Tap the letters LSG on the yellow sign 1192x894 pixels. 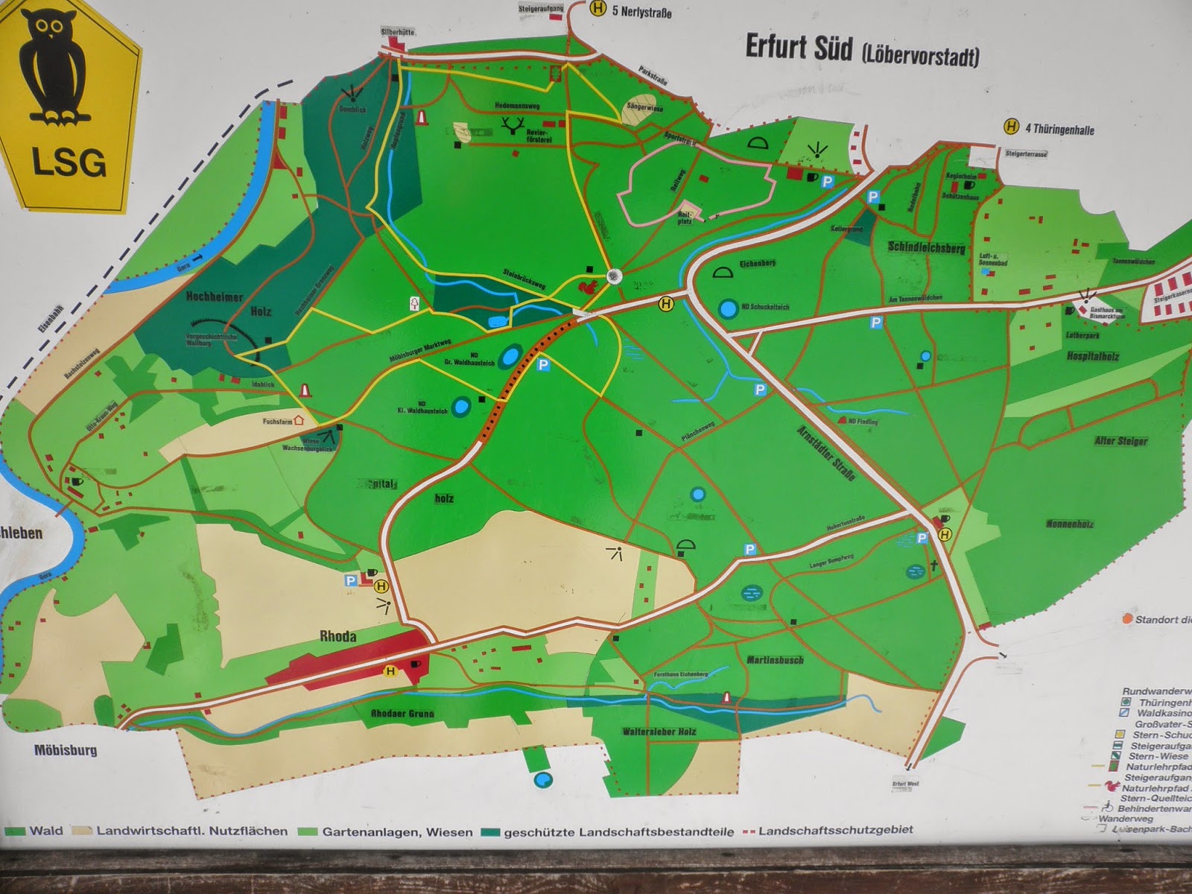click(69, 162)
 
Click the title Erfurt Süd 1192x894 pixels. click(799, 47)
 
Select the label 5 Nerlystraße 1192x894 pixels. click(641, 11)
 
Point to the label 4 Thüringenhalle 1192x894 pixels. click(1059, 129)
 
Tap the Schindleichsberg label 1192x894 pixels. click(926, 247)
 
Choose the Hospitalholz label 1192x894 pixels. click(1092, 356)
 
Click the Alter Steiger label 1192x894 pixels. click(1120, 440)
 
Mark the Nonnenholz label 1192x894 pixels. click(1070, 524)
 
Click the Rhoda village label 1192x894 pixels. click(337, 636)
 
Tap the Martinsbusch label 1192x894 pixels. click(775, 659)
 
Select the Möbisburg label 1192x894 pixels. click(66, 749)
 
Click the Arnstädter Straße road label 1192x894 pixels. click(825, 452)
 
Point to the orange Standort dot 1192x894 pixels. click(1127, 618)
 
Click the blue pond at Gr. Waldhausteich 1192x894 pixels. click(510, 356)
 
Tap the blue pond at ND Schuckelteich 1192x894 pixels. click(728, 308)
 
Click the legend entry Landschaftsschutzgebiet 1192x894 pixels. click(834, 830)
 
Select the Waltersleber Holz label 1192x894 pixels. click(659, 732)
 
